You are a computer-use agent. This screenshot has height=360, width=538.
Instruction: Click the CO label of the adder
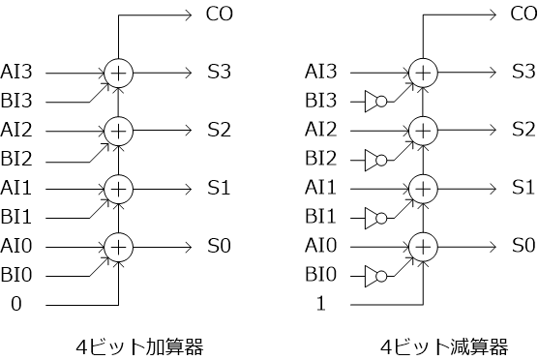[219, 14]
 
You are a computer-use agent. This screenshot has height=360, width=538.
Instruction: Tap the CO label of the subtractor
[523, 14]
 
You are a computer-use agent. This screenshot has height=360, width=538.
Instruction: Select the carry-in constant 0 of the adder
[15, 304]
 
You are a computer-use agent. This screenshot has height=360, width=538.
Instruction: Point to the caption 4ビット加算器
[142, 345]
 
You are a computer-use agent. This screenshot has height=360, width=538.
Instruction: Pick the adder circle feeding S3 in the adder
[118, 72]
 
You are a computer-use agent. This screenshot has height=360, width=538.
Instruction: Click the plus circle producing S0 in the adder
[118, 246]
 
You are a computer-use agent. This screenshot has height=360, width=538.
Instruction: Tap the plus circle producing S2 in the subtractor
[422, 130]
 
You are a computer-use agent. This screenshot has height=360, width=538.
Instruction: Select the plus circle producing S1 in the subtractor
[422, 188]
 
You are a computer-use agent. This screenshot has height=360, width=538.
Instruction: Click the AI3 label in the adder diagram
[21, 71]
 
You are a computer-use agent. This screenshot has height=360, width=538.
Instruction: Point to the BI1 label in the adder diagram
[21, 216]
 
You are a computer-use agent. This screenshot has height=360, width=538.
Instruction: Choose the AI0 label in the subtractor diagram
[321, 246]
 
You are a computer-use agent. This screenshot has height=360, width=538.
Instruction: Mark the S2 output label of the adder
[219, 130]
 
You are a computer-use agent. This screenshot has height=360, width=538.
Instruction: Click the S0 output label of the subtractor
[523, 246]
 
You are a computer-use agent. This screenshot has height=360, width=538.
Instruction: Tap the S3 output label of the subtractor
[523, 72]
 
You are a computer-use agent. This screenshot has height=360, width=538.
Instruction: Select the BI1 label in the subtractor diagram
[321, 216]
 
